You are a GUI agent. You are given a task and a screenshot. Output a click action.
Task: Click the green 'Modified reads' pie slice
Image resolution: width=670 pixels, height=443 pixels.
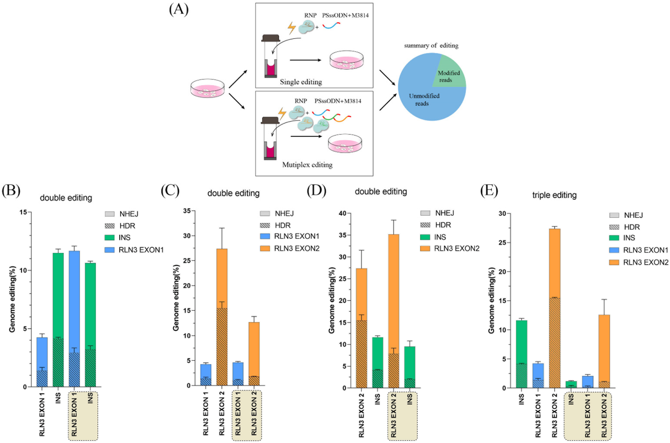[448, 74]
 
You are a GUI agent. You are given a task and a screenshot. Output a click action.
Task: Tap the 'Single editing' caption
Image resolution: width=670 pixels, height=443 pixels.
[301, 82]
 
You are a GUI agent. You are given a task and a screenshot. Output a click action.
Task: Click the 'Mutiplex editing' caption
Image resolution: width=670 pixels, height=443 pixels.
[307, 165]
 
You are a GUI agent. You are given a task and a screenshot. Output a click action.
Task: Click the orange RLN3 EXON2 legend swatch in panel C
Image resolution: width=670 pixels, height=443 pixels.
[265, 248]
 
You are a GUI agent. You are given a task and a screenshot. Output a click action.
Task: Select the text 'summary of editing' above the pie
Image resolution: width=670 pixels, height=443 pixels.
[431, 45]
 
